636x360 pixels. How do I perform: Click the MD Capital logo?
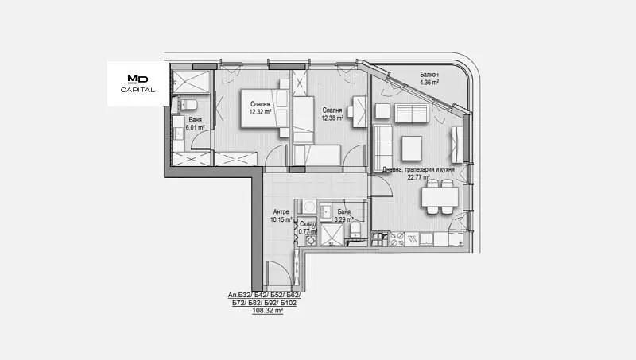click(x=138, y=84)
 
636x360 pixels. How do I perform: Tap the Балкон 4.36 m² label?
click(x=429, y=78)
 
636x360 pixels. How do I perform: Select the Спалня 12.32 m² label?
click(x=260, y=108)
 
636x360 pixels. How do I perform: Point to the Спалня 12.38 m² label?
click(x=332, y=114)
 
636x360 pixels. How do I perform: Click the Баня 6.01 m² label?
click(x=195, y=123)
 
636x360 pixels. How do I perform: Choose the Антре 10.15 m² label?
click(x=281, y=215)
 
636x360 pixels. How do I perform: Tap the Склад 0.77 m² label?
click(x=308, y=228)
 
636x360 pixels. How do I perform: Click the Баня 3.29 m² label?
click(x=343, y=215)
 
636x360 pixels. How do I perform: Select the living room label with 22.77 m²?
click(x=418, y=173)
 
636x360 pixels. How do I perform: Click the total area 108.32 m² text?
click(x=267, y=311)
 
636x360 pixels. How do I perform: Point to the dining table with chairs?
click(x=440, y=196)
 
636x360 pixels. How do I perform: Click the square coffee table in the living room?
click(x=412, y=148)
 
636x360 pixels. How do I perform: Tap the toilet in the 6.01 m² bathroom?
click(x=188, y=105)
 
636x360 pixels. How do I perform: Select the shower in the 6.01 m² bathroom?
click(x=191, y=82)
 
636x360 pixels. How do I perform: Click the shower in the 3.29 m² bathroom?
click(x=332, y=234)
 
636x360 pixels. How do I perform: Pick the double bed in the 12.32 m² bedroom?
click(x=266, y=108)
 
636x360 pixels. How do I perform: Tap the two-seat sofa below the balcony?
click(x=411, y=113)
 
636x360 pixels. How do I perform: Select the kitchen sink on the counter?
click(x=427, y=239)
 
